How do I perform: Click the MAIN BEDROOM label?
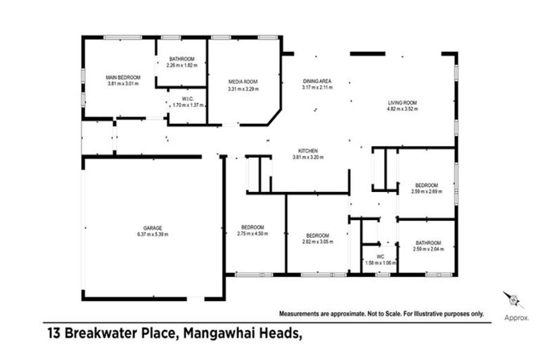pos(123,77)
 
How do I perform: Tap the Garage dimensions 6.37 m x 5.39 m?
pos(153,234)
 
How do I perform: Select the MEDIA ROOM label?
pos(244,82)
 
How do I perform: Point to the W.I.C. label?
pos(188,98)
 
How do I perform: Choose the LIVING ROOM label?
pos(403,103)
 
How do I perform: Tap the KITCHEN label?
pos(309,151)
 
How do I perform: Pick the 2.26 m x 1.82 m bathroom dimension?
pos(181,65)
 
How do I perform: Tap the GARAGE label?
pos(153,228)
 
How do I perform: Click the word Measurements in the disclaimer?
pos(301,314)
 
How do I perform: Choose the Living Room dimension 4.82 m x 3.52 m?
pos(403,110)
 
